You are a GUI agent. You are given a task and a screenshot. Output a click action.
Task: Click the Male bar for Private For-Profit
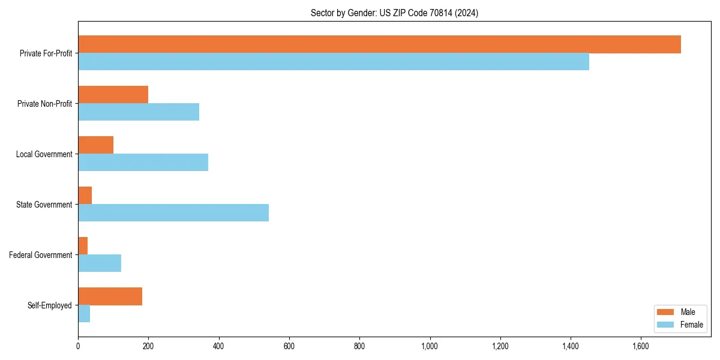pos(379,44)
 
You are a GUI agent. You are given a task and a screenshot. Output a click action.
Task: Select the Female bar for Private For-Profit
pos(334,62)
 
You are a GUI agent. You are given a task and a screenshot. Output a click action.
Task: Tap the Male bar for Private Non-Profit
pos(113,95)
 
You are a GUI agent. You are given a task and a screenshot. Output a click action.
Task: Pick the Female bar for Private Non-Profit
pos(139,112)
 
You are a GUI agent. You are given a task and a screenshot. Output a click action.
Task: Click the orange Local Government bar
pos(95,145)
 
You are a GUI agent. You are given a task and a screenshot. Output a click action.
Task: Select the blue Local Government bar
pos(143,163)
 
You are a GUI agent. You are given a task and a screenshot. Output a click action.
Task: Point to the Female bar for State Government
pos(173,213)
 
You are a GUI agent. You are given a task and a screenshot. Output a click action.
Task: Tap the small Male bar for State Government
pos(85,196)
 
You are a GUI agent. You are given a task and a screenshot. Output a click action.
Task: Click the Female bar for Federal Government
pos(100,263)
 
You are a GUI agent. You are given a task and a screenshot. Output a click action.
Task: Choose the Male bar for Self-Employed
pos(110,296)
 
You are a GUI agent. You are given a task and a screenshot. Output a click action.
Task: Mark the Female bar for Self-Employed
pos(84,314)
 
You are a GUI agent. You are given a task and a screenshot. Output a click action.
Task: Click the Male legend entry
pos(680,312)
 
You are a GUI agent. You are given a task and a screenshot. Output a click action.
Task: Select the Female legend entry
pos(680,325)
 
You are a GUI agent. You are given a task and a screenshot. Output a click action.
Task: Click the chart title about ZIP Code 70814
pos(394,13)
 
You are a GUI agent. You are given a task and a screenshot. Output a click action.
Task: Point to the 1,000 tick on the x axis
pos(430,346)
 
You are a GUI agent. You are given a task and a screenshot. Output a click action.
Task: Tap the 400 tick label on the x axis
pos(218,346)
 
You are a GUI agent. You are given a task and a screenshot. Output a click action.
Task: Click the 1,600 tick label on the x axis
pos(641,346)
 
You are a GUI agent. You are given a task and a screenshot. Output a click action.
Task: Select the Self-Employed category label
pos(49,305)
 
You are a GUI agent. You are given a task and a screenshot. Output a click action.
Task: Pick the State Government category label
pos(44,205)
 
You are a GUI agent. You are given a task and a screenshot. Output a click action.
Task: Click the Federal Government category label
pos(40,255)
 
